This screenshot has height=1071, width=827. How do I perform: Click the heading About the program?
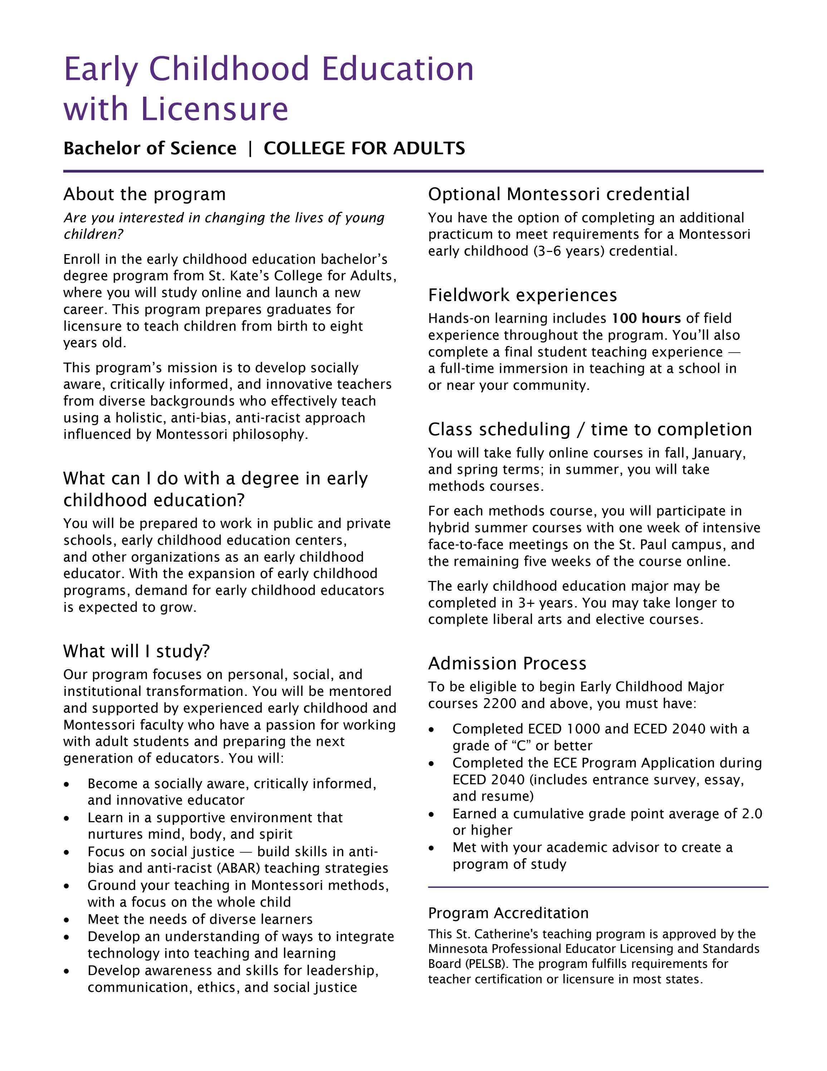[x=145, y=194]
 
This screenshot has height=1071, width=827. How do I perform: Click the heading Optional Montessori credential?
[x=558, y=194]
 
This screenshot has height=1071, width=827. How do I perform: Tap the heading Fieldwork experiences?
[x=522, y=295]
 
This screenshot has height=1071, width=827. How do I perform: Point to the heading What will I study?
[x=136, y=651]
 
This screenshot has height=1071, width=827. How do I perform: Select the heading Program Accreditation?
[x=508, y=913]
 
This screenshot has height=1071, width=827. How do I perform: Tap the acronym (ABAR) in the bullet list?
[x=239, y=868]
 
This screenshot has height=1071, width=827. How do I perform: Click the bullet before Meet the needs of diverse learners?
[x=67, y=920]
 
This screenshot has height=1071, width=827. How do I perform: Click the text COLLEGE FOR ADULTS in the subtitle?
[x=364, y=149]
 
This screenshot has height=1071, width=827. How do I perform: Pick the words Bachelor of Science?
[x=150, y=149]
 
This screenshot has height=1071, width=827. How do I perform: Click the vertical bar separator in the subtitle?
[x=250, y=149]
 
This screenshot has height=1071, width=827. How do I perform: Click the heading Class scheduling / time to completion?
[x=590, y=430]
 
